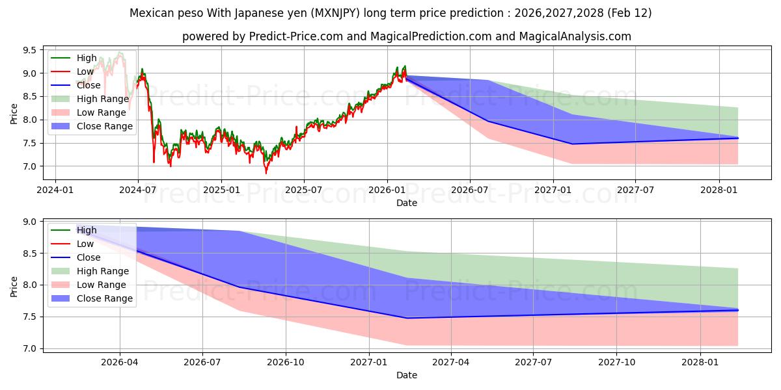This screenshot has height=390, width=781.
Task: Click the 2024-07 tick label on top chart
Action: point(138,190)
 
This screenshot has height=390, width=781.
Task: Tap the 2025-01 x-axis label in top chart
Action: point(221,190)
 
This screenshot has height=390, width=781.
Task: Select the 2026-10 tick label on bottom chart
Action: point(286,363)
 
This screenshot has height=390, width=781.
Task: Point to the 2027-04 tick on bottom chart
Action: point(451,363)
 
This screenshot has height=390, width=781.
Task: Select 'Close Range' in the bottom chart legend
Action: point(105,298)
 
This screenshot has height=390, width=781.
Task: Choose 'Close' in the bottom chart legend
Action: point(89,257)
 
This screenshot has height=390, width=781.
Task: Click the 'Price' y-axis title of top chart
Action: point(14,113)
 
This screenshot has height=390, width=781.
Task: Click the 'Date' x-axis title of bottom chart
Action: point(407,375)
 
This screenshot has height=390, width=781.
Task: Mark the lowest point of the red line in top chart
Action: point(266,174)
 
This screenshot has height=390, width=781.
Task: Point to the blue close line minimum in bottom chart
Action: point(407,318)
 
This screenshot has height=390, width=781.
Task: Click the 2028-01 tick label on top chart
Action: point(719,190)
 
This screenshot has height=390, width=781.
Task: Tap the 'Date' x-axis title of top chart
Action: point(407,203)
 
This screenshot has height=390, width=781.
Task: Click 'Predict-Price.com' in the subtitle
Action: point(295,36)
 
